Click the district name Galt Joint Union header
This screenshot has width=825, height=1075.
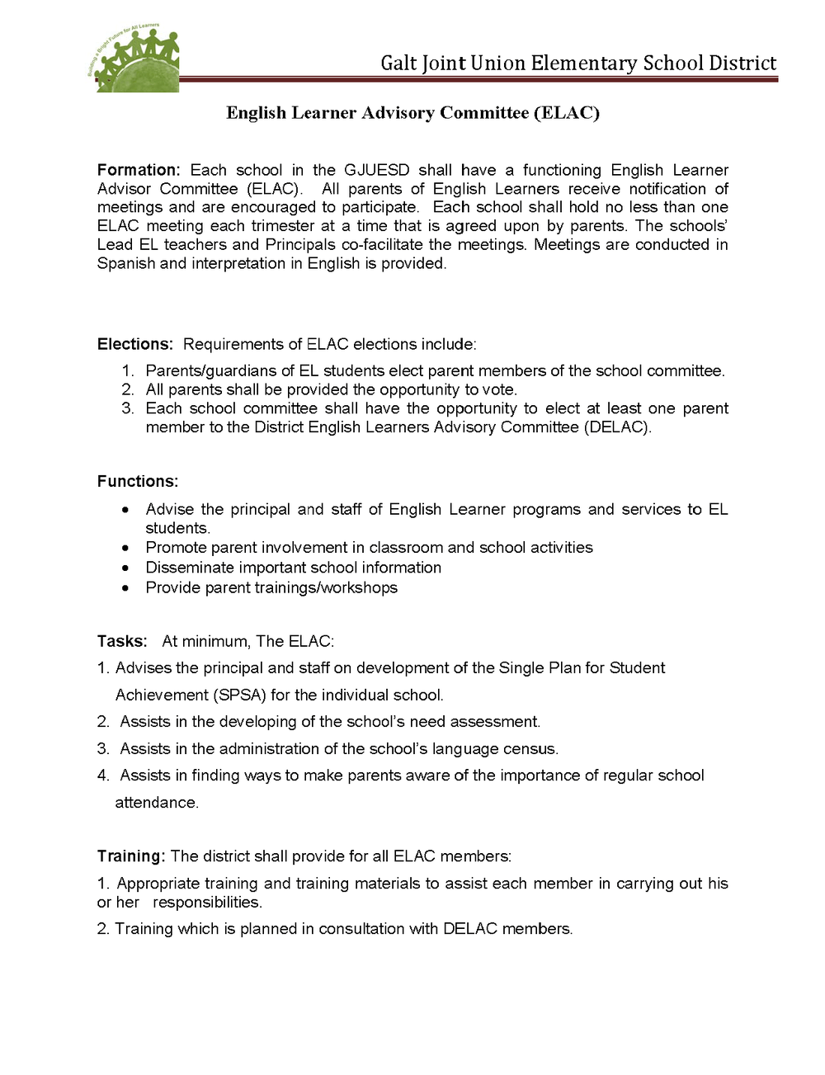click(577, 64)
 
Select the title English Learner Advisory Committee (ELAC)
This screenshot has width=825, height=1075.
click(412, 113)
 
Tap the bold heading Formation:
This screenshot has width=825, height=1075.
click(138, 170)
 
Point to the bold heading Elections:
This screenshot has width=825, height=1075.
click(134, 344)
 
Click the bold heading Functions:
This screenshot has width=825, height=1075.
click(137, 481)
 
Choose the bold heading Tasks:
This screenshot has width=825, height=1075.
click(121, 641)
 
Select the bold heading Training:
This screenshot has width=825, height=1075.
click(130, 856)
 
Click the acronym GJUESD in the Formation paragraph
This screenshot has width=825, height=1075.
click(376, 170)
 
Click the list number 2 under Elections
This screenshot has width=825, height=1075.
click(127, 389)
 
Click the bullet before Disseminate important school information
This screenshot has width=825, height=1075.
click(125, 568)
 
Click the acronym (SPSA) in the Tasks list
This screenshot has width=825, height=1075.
click(240, 695)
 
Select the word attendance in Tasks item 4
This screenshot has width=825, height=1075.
click(156, 803)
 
